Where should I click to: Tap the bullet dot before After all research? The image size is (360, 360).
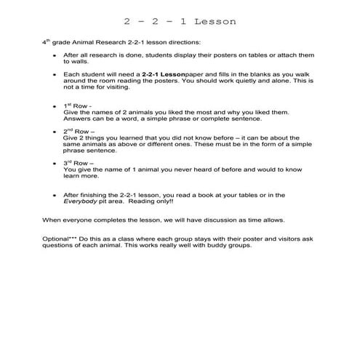tap(55, 56)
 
